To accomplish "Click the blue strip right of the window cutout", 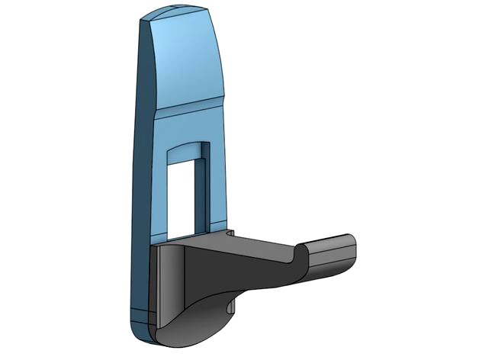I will coord(217,183).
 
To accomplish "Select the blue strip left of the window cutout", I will coord(159,191).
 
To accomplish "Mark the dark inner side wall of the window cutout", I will coord(199,194).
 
